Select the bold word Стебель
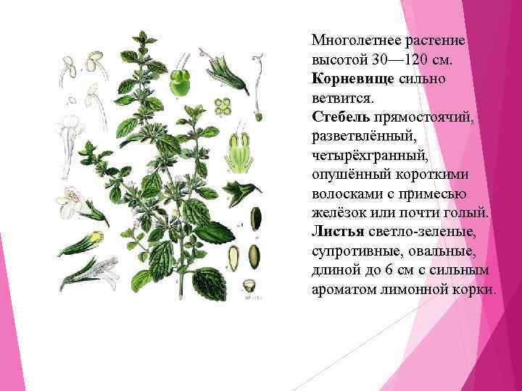click(x=340, y=116)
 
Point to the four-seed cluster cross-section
click(x=225, y=106)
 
